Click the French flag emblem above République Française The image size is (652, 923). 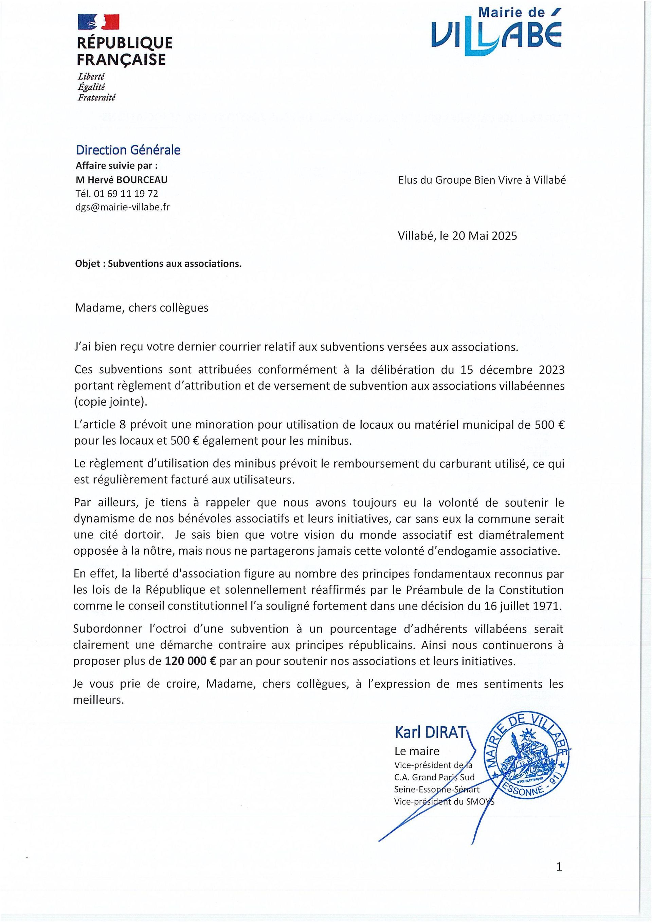click(98, 22)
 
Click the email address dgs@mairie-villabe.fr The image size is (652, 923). click(122, 207)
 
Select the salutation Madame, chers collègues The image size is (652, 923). click(142, 307)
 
